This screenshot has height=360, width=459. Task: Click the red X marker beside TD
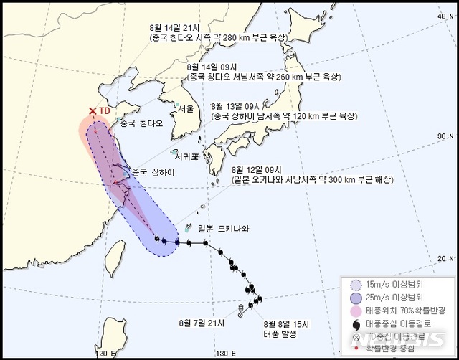92,111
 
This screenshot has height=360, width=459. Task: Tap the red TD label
105,111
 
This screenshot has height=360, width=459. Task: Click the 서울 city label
185,108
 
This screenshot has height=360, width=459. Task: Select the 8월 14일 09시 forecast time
208,65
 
